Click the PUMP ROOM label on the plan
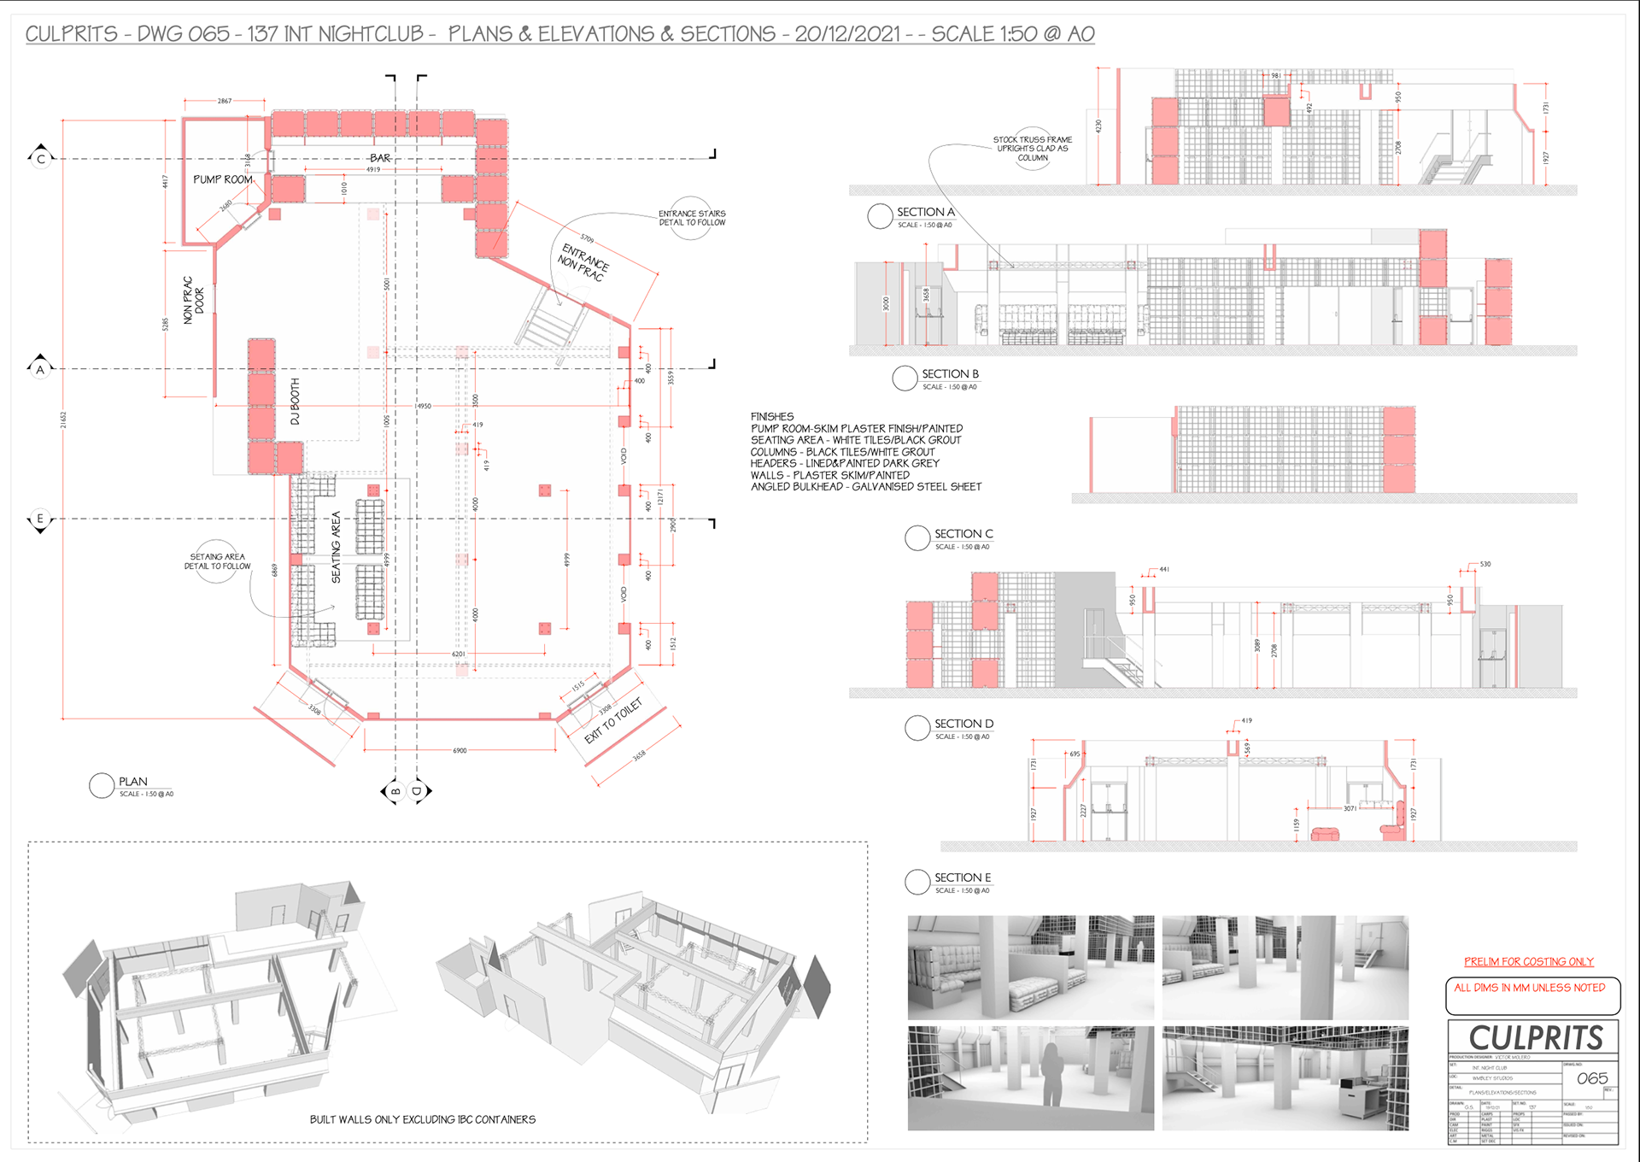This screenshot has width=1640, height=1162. click(x=222, y=179)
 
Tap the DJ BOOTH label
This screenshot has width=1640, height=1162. click(x=296, y=402)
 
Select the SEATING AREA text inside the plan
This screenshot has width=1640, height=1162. click(x=336, y=547)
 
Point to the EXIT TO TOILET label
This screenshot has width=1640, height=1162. click(x=612, y=721)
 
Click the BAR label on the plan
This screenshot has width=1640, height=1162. click(x=380, y=158)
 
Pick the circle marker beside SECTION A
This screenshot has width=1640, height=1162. click(x=880, y=216)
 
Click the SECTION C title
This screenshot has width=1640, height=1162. click(x=963, y=534)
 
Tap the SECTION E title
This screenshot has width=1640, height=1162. click(x=962, y=877)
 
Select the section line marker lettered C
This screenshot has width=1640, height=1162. click(x=40, y=159)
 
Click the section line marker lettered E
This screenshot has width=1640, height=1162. click(x=39, y=519)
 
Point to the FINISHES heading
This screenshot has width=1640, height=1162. click(x=771, y=417)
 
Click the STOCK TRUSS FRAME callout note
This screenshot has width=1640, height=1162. click(x=1032, y=149)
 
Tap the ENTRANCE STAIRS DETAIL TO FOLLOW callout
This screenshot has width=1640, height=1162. click(x=692, y=218)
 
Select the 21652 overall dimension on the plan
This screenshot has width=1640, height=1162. click(x=63, y=420)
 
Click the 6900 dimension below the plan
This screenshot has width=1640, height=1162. click(x=460, y=751)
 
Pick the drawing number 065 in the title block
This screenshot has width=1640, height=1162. click(x=1592, y=1078)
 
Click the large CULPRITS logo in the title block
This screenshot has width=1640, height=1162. click(x=1535, y=1038)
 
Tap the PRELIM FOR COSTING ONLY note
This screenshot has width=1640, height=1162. click(x=1528, y=962)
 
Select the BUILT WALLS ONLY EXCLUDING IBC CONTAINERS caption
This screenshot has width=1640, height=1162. click(x=423, y=1119)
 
